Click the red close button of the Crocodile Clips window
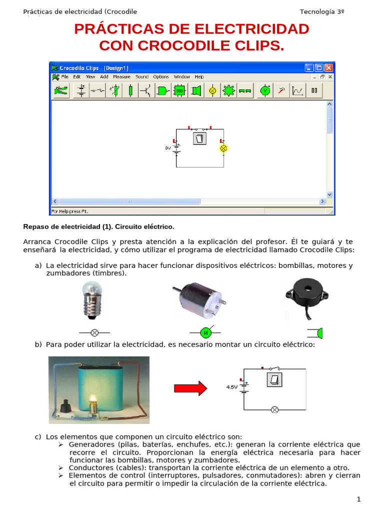(x=328, y=67)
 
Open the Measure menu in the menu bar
(x=121, y=77)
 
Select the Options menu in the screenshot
(x=161, y=77)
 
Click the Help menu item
(x=199, y=77)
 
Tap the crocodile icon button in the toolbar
(x=61, y=90)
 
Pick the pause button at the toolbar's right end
(x=314, y=90)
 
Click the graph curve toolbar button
(x=298, y=90)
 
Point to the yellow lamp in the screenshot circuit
(x=223, y=148)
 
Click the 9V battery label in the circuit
(x=168, y=148)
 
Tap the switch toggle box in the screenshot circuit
(x=199, y=138)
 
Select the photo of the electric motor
(x=199, y=300)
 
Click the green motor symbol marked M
(x=204, y=332)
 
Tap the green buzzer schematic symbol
(x=318, y=333)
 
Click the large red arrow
(x=190, y=388)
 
